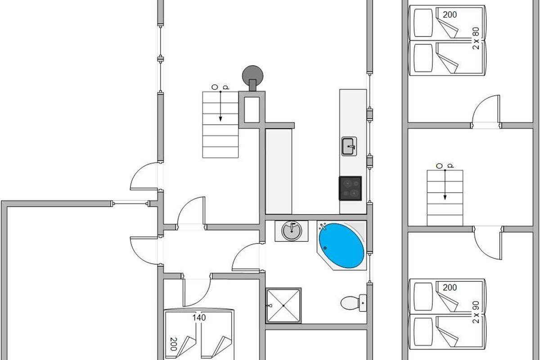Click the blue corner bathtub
342,245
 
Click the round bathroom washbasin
292,231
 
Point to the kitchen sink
349,146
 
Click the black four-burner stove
350,188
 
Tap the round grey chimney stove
252,75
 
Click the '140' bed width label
199,318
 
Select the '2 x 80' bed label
477,38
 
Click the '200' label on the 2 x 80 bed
450,15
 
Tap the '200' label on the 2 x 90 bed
450,288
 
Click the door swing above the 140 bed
196,292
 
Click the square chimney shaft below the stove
252,109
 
